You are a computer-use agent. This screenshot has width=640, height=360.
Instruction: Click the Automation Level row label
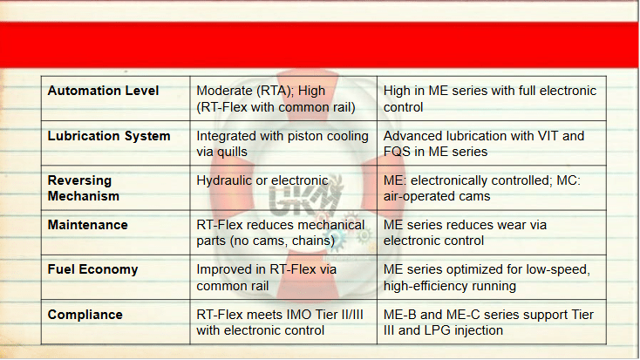[x=103, y=91]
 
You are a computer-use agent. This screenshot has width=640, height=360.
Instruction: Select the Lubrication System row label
[x=109, y=136]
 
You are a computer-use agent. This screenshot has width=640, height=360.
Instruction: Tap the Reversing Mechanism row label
[x=84, y=188]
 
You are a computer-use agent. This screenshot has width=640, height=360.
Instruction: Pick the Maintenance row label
[x=88, y=225]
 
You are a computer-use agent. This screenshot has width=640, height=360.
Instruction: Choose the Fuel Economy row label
[x=92, y=269]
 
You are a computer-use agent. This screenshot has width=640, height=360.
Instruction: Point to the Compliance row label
[x=85, y=315]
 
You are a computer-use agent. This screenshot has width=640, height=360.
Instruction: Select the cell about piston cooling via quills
[x=283, y=144]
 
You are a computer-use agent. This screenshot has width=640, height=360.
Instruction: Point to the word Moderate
[x=224, y=91]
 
